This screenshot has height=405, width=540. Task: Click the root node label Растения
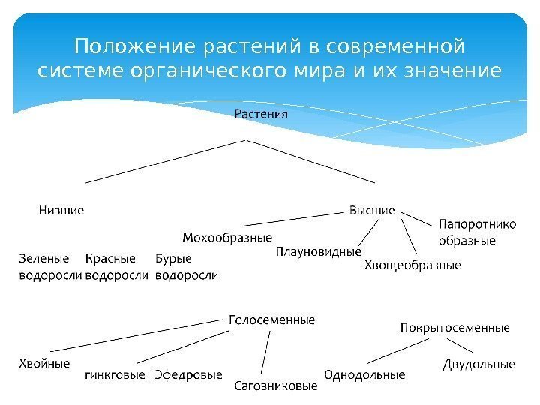point(261,115)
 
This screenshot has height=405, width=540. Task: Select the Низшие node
point(61,211)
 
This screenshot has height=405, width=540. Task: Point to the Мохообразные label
point(227,238)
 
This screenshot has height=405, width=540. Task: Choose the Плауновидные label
point(319,251)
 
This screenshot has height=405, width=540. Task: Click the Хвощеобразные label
point(412,265)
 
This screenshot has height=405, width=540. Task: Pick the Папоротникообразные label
point(466,232)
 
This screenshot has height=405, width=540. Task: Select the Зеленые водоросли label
point(49,267)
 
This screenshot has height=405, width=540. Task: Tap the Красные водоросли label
point(117,267)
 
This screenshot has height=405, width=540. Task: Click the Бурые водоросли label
point(186,267)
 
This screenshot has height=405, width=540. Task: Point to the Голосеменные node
point(271,319)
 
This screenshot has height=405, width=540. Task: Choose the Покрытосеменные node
point(454,328)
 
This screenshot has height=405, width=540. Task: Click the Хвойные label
point(44,363)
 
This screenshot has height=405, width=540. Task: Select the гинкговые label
point(115,373)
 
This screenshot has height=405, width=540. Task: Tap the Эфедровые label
point(188,373)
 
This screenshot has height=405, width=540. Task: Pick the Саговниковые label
point(277,387)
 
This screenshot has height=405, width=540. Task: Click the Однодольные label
point(364,373)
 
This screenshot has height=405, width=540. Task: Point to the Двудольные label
point(479,364)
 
